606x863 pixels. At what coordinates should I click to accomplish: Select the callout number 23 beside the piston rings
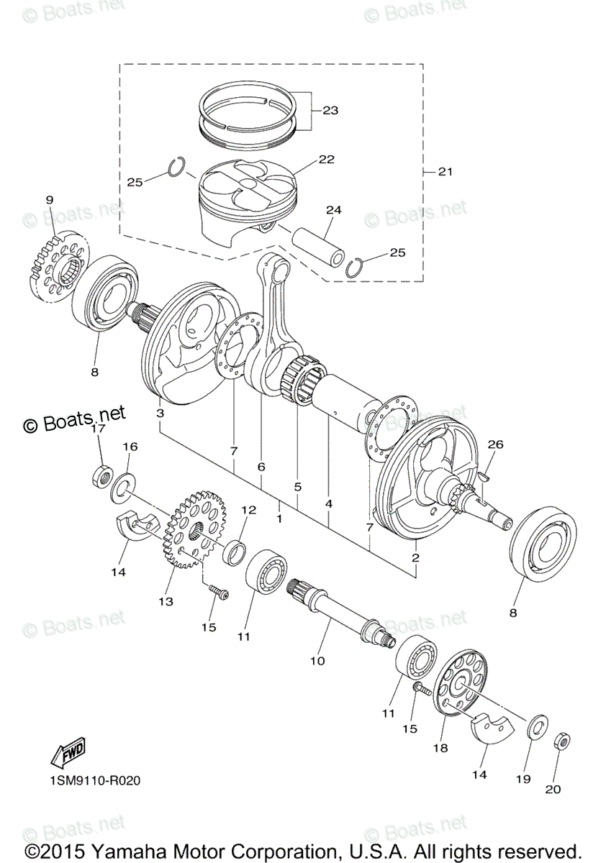330,111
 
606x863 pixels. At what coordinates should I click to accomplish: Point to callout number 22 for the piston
326,159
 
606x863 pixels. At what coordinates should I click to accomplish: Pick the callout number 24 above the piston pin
333,210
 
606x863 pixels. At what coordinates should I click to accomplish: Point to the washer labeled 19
537,727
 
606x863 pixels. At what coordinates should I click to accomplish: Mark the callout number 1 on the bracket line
279,517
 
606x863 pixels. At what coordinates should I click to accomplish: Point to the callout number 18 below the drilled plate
440,748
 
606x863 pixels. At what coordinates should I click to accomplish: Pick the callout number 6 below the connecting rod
261,467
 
